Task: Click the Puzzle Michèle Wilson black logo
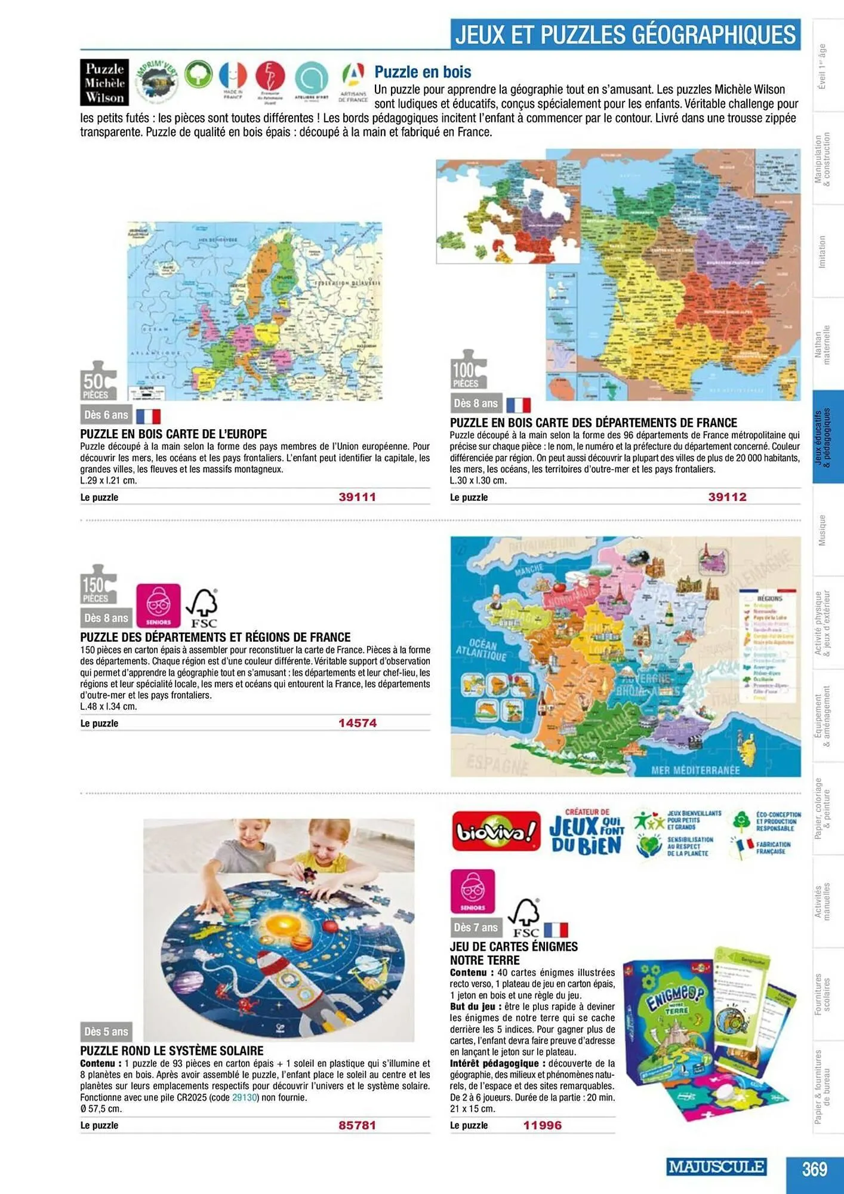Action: click(104, 83)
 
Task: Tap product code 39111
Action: click(357, 497)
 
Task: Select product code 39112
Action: click(727, 497)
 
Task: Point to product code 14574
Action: click(357, 723)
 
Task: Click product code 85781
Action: click(357, 1125)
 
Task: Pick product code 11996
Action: click(542, 1125)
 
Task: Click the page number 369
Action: click(814, 1168)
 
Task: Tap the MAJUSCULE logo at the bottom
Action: click(716, 1167)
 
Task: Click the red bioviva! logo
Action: click(495, 831)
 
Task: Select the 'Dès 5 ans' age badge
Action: click(106, 1032)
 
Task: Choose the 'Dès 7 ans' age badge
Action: click(475, 927)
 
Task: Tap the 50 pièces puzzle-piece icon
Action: click(98, 380)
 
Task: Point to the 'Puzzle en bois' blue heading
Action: click(423, 72)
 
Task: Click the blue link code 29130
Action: click(244, 1097)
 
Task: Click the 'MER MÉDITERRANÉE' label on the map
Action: click(695, 770)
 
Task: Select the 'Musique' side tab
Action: click(822, 530)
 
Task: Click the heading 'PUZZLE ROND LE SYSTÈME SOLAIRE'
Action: click(172, 1051)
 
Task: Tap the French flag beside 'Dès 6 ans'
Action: click(148, 416)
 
